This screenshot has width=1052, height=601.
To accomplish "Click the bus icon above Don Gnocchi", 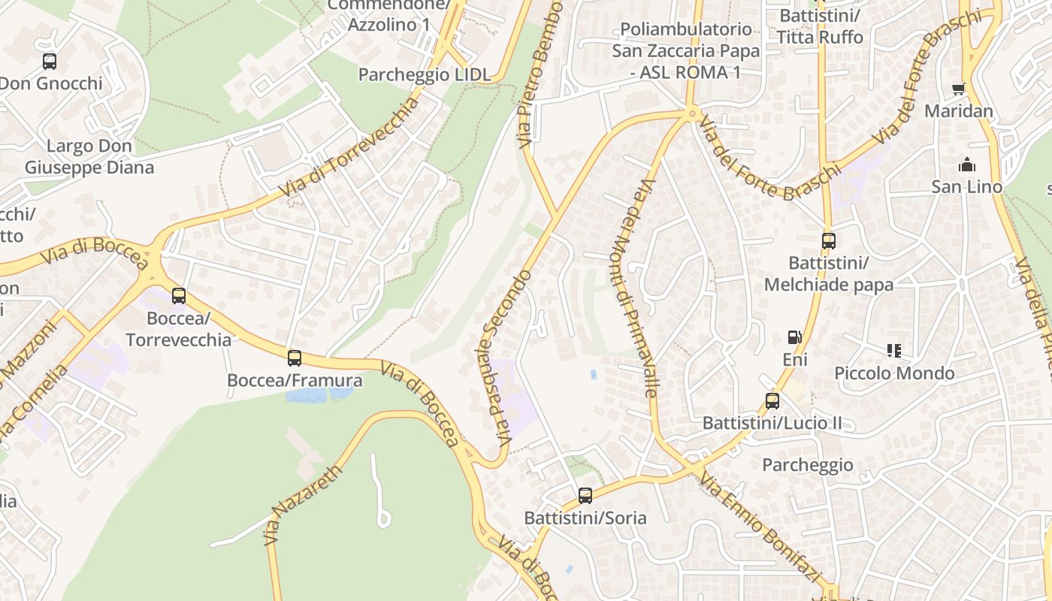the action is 50,62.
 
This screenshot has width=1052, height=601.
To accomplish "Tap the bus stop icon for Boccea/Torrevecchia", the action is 178,296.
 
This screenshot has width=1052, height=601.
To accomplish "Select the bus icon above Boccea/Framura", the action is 295,358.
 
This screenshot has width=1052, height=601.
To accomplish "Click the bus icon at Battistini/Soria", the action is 585,496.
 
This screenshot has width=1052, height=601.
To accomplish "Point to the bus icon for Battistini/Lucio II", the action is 772,401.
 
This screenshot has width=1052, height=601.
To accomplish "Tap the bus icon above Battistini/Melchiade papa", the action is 829,241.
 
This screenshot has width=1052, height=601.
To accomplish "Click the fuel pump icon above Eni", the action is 794,337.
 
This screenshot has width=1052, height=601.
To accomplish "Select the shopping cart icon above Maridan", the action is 958,89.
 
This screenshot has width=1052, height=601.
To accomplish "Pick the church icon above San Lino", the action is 967,165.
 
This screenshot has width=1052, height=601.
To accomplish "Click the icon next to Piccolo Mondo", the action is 894,350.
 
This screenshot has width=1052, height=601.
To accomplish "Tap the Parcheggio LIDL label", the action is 425,74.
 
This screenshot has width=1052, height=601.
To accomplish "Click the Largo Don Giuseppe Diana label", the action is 89,156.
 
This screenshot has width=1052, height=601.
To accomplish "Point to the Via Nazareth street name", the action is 303,505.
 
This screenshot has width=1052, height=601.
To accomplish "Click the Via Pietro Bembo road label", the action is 540,71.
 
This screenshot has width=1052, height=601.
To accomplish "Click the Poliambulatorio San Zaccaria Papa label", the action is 685,50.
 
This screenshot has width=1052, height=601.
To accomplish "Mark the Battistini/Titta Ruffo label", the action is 820,26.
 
